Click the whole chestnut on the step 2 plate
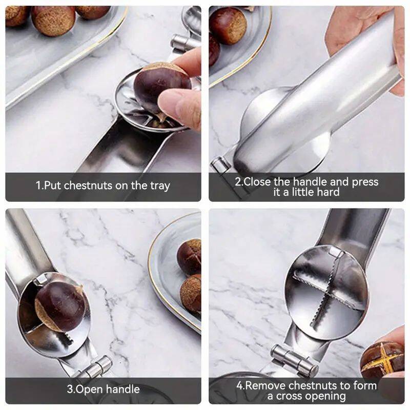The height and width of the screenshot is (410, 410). [228, 25]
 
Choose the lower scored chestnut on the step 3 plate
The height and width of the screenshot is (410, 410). [191, 293]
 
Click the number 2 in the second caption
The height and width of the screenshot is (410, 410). [238, 182]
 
